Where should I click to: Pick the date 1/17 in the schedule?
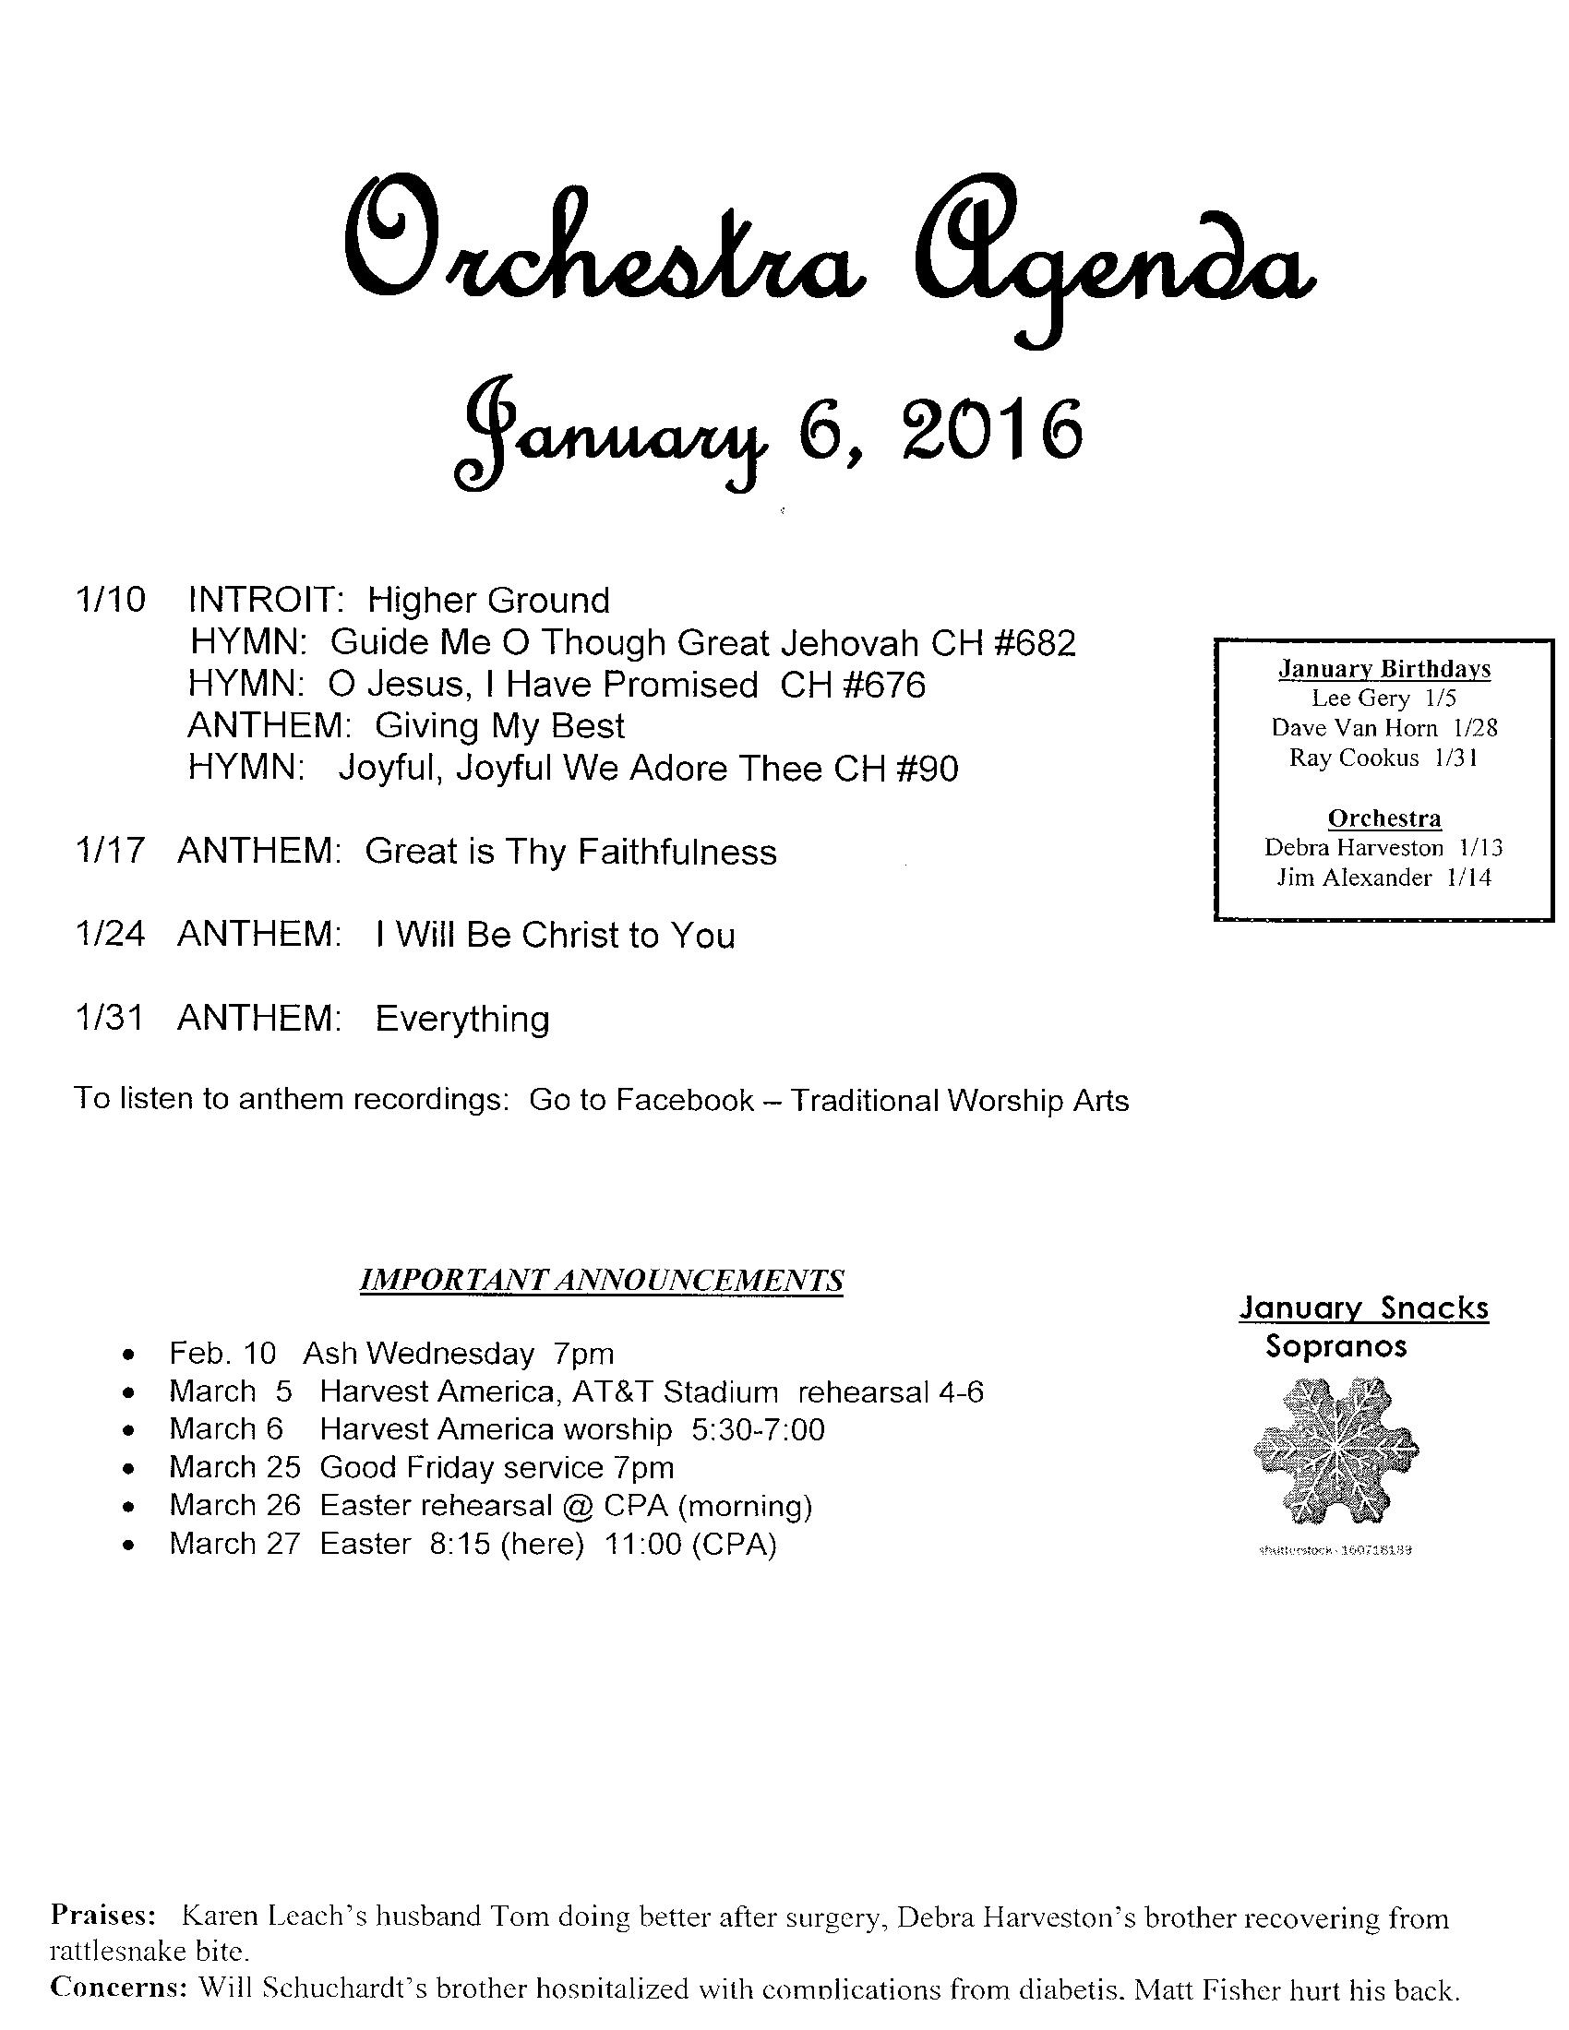point(110,852)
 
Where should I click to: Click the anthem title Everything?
point(462,1019)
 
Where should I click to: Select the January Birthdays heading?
point(1384,668)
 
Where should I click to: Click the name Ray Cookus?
point(1353,758)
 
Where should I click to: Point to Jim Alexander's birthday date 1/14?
point(1468,878)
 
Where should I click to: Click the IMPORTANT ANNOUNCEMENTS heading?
point(602,1280)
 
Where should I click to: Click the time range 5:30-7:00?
point(758,1428)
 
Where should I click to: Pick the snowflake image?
point(1335,1452)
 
